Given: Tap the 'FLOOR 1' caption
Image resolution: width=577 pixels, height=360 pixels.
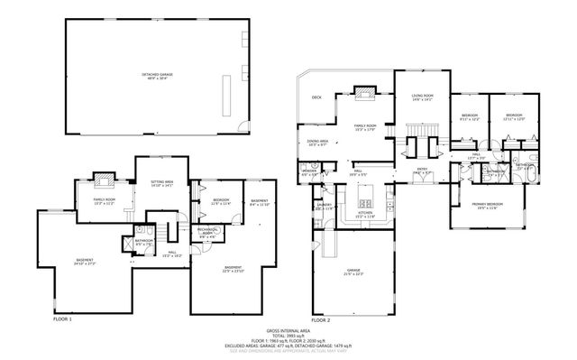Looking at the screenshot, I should point(61,318).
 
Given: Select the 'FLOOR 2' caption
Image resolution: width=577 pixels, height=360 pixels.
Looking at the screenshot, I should point(320,318).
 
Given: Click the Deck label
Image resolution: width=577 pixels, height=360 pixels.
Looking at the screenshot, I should point(316,97).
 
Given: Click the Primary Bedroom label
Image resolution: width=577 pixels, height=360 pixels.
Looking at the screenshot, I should point(489,205).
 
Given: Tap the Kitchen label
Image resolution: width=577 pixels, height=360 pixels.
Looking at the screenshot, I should point(365,215).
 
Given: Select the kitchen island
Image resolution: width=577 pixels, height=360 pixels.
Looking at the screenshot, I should point(367,195).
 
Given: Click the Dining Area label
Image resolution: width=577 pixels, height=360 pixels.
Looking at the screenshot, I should point(316,142).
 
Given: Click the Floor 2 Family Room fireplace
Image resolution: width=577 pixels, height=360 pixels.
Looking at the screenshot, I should point(363,90).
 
